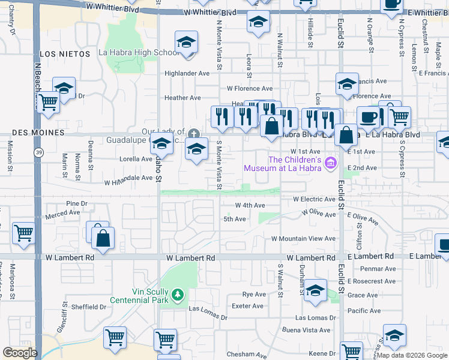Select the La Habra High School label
point(138,53)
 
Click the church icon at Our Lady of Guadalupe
point(193,133)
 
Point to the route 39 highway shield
point(38,153)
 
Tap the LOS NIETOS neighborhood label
point(66,54)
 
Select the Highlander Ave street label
point(187,73)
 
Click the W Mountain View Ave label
point(303,238)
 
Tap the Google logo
point(20,353)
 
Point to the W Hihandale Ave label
point(128,178)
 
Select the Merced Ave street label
point(62,212)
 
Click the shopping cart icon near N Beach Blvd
point(49,104)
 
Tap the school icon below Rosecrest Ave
point(315,292)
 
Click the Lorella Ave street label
point(136,159)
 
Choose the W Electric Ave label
point(314,199)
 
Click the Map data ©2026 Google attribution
point(412,355)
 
